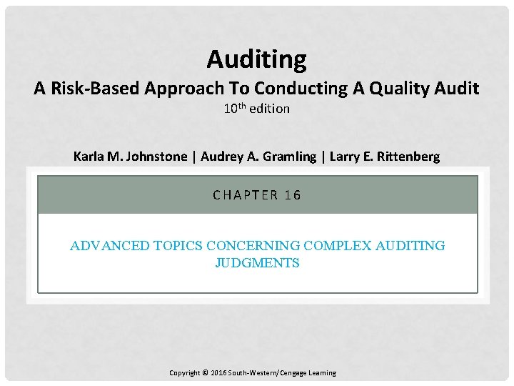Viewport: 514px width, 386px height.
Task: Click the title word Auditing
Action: [x=256, y=59]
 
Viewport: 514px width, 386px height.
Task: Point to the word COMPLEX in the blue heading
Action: [x=338, y=246]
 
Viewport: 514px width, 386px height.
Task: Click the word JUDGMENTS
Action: [x=257, y=263]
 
